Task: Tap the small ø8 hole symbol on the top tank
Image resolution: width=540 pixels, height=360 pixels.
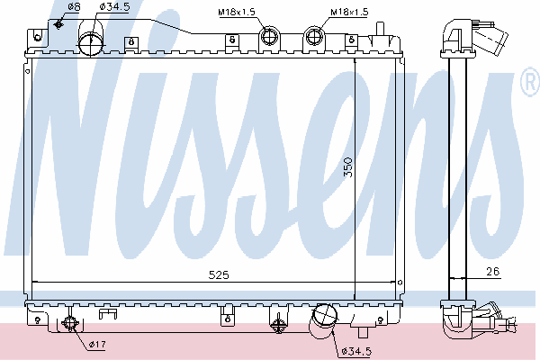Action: (59, 22)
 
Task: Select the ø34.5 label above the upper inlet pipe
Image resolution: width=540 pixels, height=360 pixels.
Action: (113, 7)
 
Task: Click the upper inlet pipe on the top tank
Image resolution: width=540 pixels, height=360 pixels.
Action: (90, 42)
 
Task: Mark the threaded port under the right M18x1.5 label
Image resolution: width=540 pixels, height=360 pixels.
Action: (315, 37)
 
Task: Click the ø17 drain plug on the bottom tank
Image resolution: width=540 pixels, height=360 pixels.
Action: (72, 325)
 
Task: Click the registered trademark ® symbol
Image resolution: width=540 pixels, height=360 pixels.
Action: (529, 85)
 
